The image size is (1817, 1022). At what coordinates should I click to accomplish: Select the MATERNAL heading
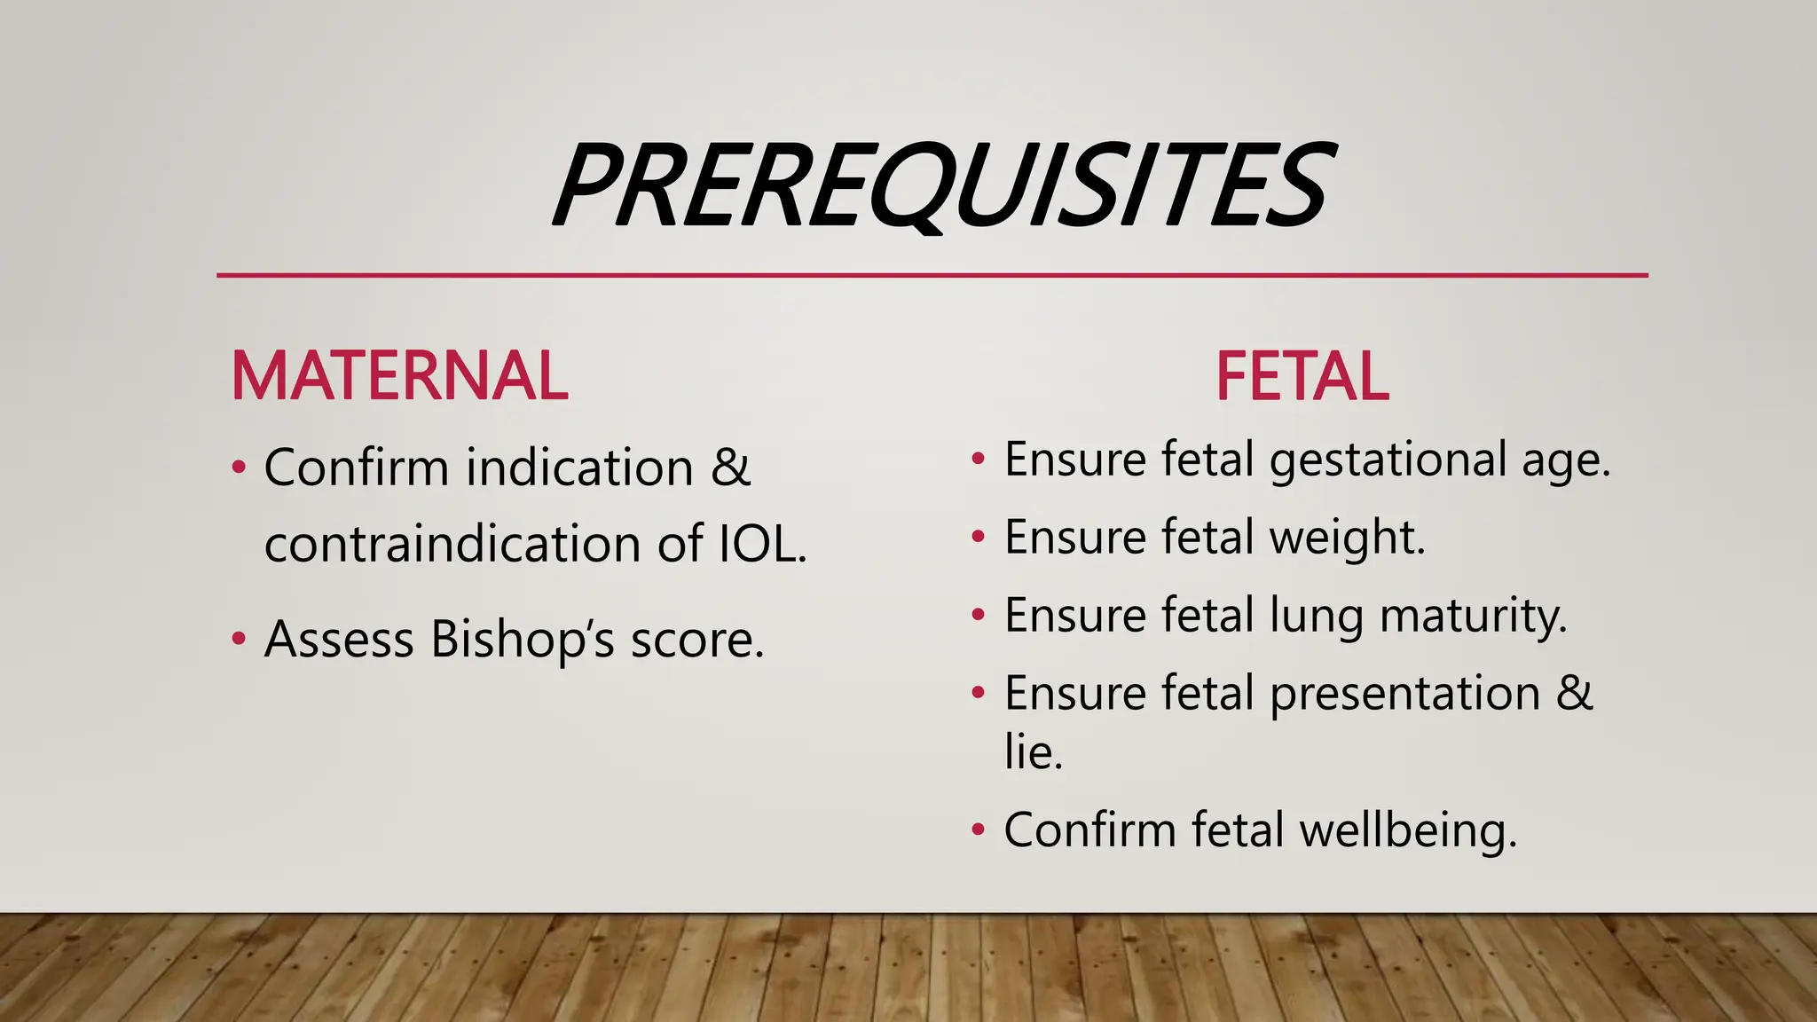399,376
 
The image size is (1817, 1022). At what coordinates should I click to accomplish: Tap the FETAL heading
1302,376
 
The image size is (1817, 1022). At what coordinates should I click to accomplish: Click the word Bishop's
522,639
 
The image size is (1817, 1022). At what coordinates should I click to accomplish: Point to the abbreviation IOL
761,543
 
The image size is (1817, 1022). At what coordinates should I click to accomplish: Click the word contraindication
452,543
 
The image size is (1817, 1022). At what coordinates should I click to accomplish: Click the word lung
1317,616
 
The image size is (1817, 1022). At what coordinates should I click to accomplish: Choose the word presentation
1404,693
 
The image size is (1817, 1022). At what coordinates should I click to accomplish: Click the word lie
1033,751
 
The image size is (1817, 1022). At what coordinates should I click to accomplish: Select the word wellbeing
1408,831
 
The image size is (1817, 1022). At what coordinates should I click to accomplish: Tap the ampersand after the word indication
730,467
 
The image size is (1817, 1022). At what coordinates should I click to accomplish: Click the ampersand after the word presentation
1574,693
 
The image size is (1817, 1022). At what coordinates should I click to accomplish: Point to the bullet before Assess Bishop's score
238,639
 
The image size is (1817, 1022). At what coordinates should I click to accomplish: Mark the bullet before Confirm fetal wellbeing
978,830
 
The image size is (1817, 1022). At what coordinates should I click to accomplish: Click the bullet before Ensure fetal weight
978,537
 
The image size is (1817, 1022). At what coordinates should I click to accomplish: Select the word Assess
339,639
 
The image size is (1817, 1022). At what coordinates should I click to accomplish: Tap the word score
696,639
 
